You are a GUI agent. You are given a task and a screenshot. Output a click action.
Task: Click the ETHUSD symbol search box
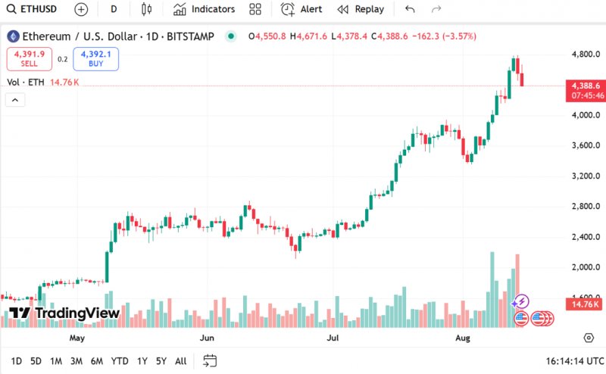(32, 9)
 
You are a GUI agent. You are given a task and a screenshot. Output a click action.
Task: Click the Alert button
(301, 9)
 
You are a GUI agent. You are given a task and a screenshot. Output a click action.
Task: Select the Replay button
(361, 9)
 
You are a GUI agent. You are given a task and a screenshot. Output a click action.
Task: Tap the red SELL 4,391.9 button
(30, 58)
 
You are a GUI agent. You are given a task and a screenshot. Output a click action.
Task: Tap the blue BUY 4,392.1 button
(95, 58)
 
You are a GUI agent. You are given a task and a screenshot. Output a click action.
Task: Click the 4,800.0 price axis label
(586, 55)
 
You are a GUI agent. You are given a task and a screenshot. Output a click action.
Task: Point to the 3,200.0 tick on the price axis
(586, 176)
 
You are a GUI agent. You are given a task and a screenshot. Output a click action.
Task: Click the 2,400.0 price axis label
(586, 237)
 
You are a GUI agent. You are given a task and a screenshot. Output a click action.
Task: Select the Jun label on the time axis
(207, 338)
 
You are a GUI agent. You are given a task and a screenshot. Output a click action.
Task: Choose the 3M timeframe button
(77, 361)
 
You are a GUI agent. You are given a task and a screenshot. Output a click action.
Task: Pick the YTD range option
(120, 361)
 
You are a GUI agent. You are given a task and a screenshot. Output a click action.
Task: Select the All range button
(180, 361)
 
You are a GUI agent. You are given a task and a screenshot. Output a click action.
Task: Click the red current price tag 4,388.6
(586, 86)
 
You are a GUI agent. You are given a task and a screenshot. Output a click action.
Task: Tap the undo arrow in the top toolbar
(410, 9)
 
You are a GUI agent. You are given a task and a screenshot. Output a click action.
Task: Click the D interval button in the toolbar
(114, 9)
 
